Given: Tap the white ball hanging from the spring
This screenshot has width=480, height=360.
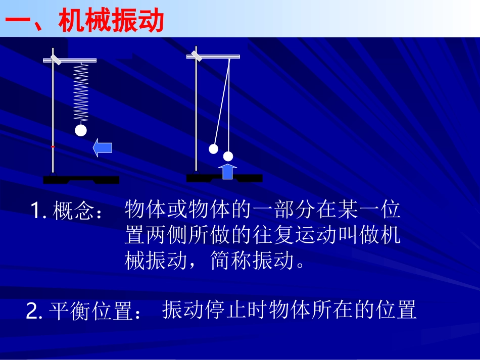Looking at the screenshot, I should pos(81,130).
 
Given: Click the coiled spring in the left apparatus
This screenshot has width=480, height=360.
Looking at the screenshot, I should pos(81,93).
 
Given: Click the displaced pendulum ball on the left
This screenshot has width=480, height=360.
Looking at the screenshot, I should pos(214,149).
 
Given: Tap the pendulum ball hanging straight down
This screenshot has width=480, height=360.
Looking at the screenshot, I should pos(228,156).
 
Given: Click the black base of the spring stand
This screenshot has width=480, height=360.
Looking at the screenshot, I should pos(81,180).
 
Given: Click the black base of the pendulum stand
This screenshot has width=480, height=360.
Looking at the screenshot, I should pos(224,178).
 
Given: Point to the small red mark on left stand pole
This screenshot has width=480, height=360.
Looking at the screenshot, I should pos(53,146).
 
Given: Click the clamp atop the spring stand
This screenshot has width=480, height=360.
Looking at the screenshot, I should pos(56,59).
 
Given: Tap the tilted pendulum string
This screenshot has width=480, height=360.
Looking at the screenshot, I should pos(222,101).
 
